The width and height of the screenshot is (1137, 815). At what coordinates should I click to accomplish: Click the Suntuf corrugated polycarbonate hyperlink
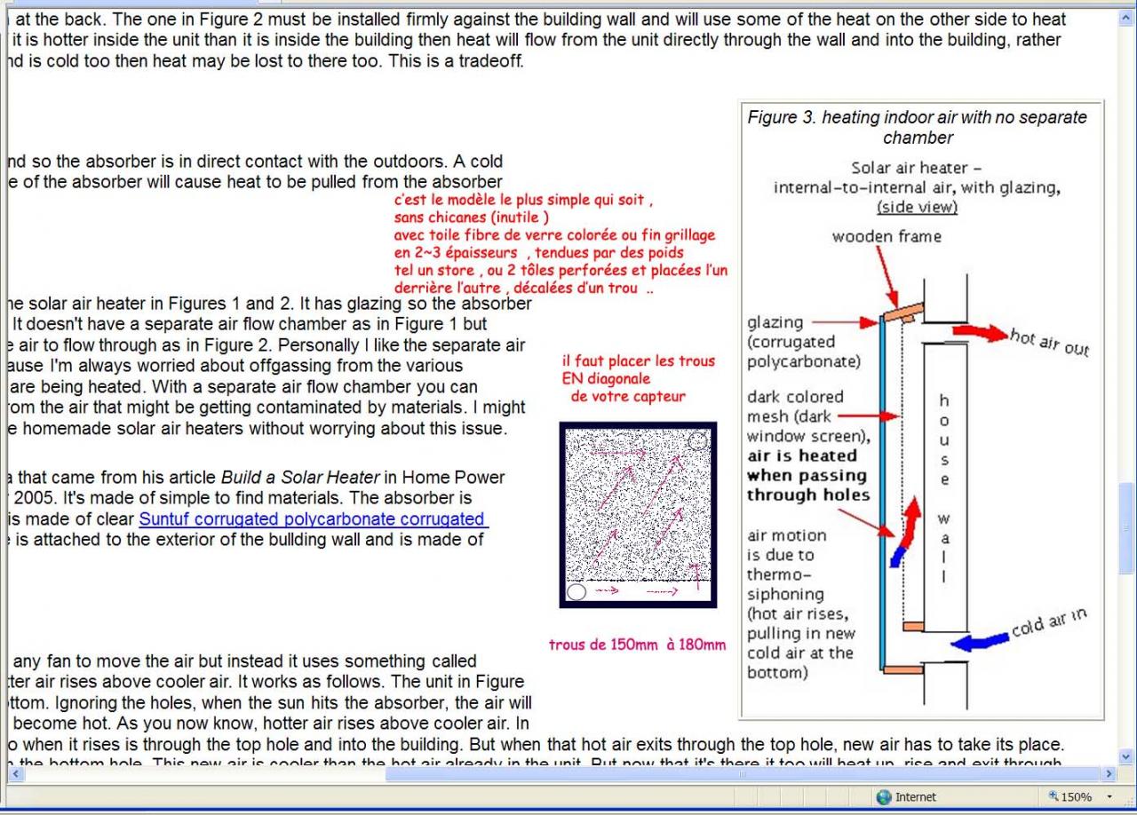(x=311, y=519)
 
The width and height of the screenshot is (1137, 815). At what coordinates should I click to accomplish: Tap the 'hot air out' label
(x=1049, y=341)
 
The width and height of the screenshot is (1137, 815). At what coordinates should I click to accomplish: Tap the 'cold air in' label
(x=1049, y=624)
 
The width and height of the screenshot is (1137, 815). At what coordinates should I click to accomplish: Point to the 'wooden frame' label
(x=886, y=236)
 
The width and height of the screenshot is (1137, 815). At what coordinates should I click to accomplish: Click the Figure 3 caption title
(x=918, y=127)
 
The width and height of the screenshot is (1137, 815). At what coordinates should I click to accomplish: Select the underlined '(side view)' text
(x=917, y=207)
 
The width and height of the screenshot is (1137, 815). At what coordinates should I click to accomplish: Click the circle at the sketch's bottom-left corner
(x=576, y=591)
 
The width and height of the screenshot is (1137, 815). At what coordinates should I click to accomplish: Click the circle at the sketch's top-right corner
(x=698, y=439)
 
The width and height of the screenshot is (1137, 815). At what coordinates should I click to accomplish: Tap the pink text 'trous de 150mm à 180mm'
(x=637, y=645)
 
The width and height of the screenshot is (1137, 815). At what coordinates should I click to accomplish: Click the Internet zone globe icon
(x=883, y=796)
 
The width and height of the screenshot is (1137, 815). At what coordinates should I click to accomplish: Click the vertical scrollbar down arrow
(x=1127, y=756)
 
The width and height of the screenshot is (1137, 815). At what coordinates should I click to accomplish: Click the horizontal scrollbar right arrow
(x=1109, y=774)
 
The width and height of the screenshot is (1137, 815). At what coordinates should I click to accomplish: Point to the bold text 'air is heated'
(x=801, y=456)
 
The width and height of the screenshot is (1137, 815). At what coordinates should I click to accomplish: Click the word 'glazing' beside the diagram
(x=775, y=322)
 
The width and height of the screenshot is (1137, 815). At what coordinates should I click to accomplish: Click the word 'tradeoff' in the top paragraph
(x=490, y=61)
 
